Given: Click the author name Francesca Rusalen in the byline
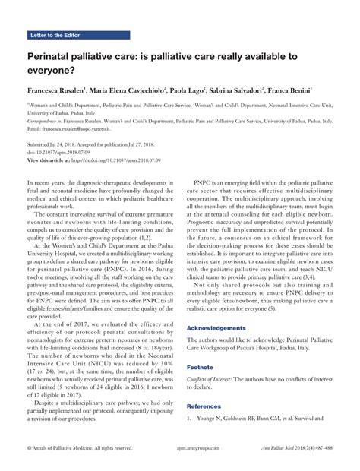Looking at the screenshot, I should pyautogui.click(x=55, y=89).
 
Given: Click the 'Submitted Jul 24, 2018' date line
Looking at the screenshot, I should pyautogui.click(x=61, y=144).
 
